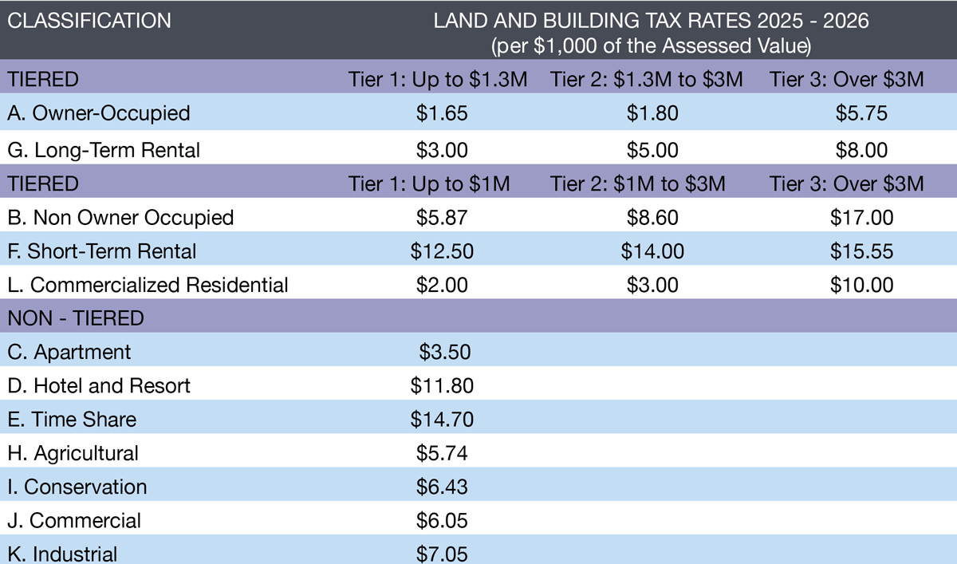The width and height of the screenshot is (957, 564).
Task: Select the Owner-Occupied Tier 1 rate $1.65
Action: pos(442,113)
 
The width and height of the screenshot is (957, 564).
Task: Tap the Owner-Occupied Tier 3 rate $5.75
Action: pos(861,113)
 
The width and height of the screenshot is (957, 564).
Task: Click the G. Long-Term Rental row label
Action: pos(104,149)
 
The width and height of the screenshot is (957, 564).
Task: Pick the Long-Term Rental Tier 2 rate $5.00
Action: pos(652,149)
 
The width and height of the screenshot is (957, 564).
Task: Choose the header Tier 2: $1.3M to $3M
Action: pos(647,80)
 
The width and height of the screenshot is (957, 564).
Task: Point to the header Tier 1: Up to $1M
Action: pos(429,183)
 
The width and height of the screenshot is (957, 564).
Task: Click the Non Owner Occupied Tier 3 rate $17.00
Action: pos(861,217)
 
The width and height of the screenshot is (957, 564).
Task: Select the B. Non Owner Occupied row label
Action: pos(120,217)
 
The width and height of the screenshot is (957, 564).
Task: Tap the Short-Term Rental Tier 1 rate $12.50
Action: pos(442,251)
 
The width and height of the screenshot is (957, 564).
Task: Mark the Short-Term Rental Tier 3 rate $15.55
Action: pos(861,251)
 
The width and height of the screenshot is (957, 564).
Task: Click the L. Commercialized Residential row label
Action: pos(148,285)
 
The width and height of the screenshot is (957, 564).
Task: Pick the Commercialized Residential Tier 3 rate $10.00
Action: pos(861,285)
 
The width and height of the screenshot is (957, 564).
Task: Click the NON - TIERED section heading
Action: pos(76,319)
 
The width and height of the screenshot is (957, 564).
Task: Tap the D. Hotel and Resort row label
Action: pos(99,386)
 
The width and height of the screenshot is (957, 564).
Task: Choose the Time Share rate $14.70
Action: pos(442,420)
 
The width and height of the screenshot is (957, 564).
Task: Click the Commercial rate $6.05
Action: pos(442,521)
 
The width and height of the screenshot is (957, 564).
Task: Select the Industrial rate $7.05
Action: pos(442,554)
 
